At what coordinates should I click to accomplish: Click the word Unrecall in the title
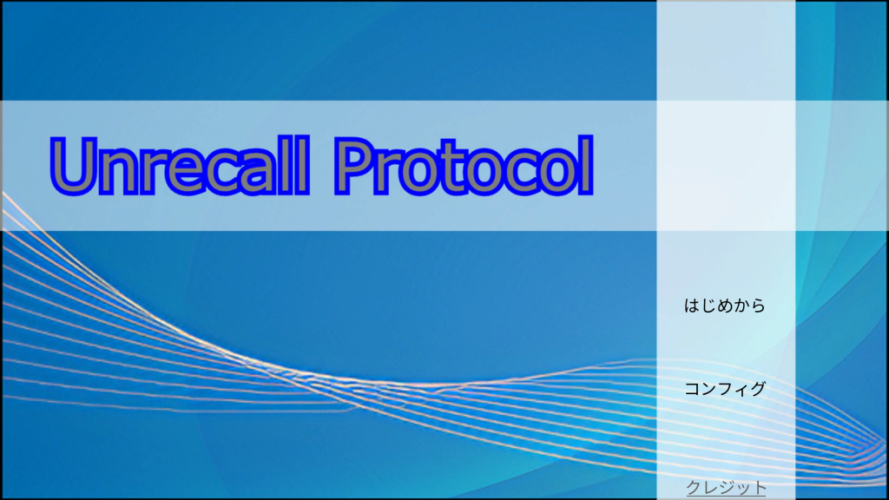tap(180, 166)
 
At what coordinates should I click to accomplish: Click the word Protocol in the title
tap(464, 166)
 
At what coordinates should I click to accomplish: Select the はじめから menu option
tap(725, 306)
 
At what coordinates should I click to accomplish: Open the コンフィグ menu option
tap(725, 389)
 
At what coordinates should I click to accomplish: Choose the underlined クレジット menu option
tap(726, 488)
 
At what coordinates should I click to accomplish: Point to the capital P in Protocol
tap(356, 166)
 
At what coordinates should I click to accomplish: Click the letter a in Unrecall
tap(255, 174)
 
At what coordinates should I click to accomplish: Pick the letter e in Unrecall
tap(173, 174)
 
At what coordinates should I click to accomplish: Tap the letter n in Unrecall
tap(118, 173)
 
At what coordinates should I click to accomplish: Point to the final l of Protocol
tap(586, 166)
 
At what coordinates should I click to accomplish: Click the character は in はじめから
tap(692, 306)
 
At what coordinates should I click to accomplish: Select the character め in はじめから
tap(725, 306)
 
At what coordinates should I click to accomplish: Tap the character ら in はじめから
tap(758, 306)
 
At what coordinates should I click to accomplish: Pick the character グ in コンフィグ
tap(757, 389)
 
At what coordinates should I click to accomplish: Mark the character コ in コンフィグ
tap(693, 390)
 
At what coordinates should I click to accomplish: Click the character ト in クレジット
tap(760, 488)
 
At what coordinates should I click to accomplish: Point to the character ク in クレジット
tap(694, 488)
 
